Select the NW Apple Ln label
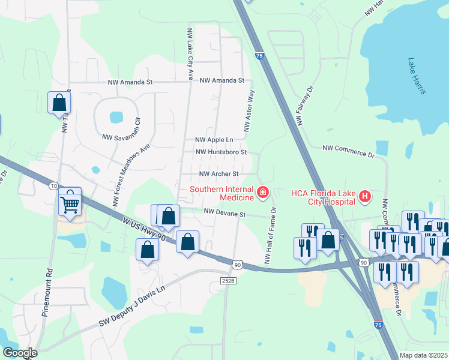pos(213,140)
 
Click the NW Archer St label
pos(219,174)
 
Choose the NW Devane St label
pos(225,212)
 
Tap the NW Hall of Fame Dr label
pos(269,235)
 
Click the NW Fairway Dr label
pos(305,106)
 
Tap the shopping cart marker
pos(70,203)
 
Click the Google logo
pos(19,353)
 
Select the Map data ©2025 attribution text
pos(423,355)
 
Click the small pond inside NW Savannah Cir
pos(116,116)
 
